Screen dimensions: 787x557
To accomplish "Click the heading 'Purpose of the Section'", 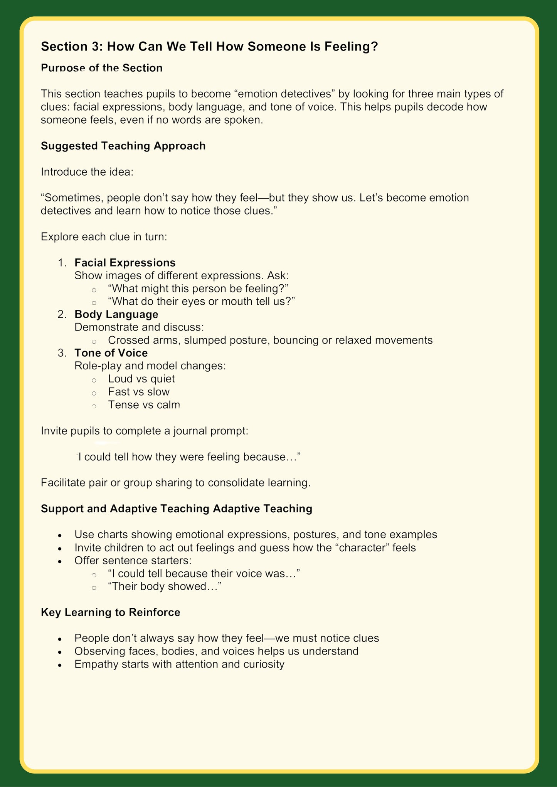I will [x=102, y=68].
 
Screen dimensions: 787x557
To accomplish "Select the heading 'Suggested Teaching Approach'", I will [x=123, y=146].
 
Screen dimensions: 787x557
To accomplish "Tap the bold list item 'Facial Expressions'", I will [x=125, y=263].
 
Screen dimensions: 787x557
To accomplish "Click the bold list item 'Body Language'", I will [x=116, y=314].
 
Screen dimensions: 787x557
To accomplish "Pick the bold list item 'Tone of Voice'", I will [x=111, y=353].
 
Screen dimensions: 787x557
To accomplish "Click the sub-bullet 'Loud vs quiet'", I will [x=141, y=379].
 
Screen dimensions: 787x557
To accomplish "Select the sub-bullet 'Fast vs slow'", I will [x=139, y=392].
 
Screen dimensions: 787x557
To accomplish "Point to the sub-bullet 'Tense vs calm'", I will [x=144, y=405].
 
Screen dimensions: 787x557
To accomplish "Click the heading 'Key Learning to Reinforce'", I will [x=111, y=612].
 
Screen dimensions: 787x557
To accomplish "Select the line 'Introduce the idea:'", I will [x=87, y=172].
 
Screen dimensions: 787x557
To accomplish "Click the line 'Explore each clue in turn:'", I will [x=104, y=237].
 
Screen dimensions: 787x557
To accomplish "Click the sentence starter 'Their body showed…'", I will [x=165, y=586].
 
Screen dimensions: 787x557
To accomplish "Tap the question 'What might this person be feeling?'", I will [x=199, y=289].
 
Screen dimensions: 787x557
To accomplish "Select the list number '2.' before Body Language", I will [x=62, y=314].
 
